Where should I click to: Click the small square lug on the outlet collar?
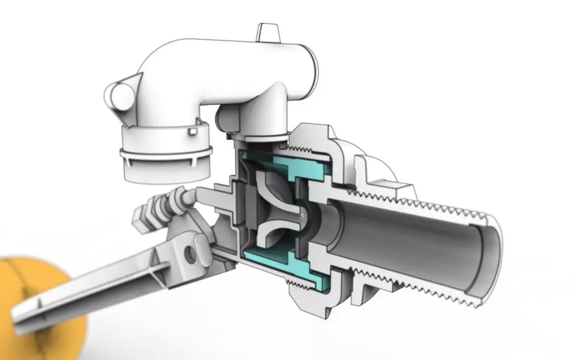pos(192,131)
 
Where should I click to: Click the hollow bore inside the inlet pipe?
pos(408,240)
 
